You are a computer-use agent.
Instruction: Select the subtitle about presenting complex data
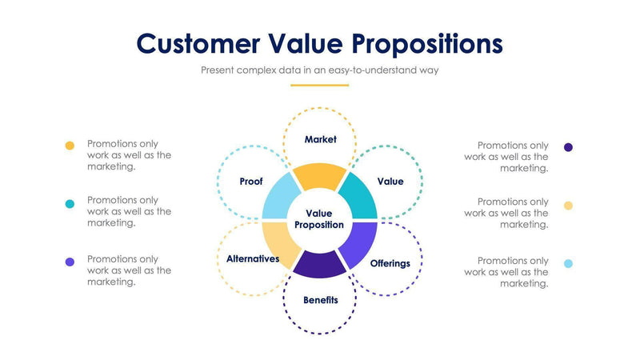pyautogui.click(x=319, y=70)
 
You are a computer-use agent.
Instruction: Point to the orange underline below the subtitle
pyautogui.click(x=319, y=85)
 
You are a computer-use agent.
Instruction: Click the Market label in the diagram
pyautogui.click(x=320, y=139)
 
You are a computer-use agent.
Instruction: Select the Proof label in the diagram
pyautogui.click(x=251, y=182)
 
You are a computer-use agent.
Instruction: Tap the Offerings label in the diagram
pyautogui.click(x=390, y=263)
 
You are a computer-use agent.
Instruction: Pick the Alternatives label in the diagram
pyautogui.click(x=252, y=258)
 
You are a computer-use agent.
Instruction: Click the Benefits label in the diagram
pyautogui.click(x=320, y=300)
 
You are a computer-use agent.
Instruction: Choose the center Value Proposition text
pyautogui.click(x=319, y=219)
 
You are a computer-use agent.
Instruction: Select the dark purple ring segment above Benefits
pyautogui.click(x=319, y=264)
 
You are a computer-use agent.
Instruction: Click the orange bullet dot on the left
pyautogui.click(x=70, y=146)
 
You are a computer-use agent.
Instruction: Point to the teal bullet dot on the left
pyautogui.click(x=70, y=204)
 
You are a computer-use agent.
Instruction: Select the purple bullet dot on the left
pyautogui.click(x=70, y=262)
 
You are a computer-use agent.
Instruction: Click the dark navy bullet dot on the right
pyautogui.click(x=568, y=147)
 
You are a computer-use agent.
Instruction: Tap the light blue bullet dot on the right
pyautogui.click(x=568, y=263)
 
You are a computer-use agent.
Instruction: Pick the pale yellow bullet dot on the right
pyautogui.click(x=568, y=205)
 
